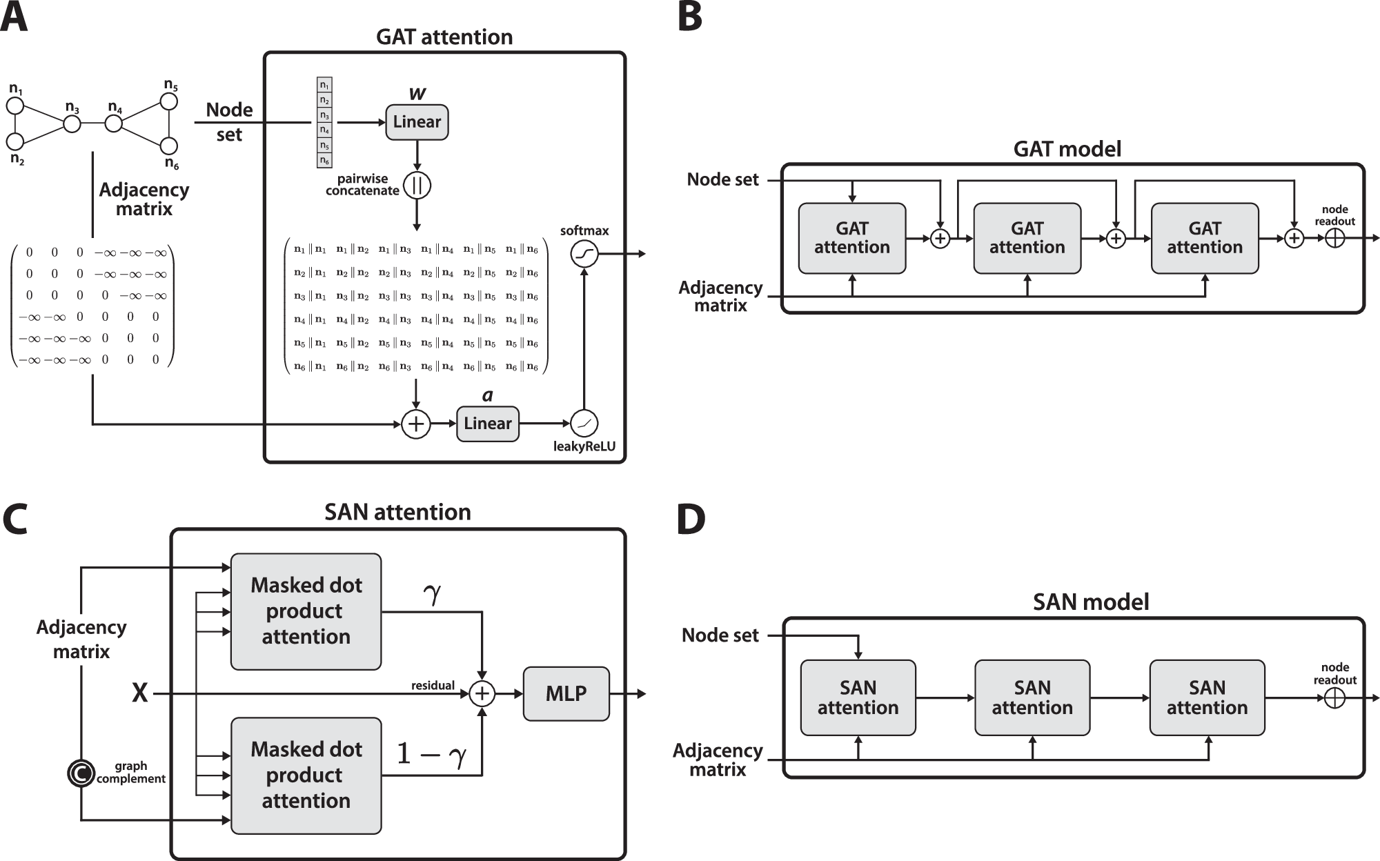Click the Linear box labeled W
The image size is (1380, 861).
(x=417, y=122)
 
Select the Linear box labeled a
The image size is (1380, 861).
(x=487, y=424)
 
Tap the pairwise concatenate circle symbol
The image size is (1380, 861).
(x=417, y=186)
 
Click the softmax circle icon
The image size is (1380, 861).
(x=584, y=255)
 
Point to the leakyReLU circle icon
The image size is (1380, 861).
(x=584, y=424)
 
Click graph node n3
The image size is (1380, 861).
(x=72, y=124)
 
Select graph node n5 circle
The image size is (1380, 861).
(x=169, y=101)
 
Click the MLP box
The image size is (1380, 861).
(x=566, y=694)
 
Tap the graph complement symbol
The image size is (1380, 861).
(x=81, y=773)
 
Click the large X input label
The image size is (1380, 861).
(x=140, y=693)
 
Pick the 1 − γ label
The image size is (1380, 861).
(x=431, y=755)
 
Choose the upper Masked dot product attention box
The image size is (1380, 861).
(x=306, y=611)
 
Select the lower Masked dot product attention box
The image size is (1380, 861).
(x=306, y=775)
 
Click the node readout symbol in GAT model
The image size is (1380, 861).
(x=1335, y=239)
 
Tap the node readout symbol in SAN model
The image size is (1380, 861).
(x=1335, y=698)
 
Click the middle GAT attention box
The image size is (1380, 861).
(x=1027, y=238)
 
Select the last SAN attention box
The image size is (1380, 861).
(x=1207, y=697)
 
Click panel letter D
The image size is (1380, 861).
(x=691, y=521)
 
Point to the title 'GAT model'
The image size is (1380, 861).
(x=1067, y=149)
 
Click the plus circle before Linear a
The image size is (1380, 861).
(x=416, y=424)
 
